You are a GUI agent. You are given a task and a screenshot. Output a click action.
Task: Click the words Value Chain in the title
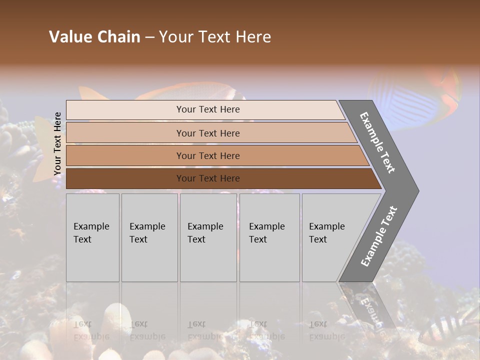[x=94, y=36]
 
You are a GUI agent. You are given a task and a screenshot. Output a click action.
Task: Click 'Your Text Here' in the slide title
[x=215, y=36]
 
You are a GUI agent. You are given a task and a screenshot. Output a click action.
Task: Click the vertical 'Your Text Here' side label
[x=57, y=144]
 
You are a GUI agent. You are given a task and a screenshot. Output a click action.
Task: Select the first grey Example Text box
[x=92, y=237]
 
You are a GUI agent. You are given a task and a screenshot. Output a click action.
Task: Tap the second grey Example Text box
[x=149, y=237]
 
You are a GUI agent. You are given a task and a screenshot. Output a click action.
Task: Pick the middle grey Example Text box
[x=208, y=237]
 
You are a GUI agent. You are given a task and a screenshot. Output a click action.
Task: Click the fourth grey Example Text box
[x=269, y=237]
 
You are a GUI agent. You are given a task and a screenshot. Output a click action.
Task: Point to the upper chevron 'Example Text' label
[x=377, y=142]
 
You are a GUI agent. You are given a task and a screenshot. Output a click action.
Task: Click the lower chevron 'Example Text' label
[x=379, y=236]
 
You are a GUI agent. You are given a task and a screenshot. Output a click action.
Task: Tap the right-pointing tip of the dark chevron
[x=415, y=190]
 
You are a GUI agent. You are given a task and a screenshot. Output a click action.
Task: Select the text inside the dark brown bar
[x=208, y=178]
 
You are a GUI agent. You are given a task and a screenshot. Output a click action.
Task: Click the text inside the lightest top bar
[x=208, y=109]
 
